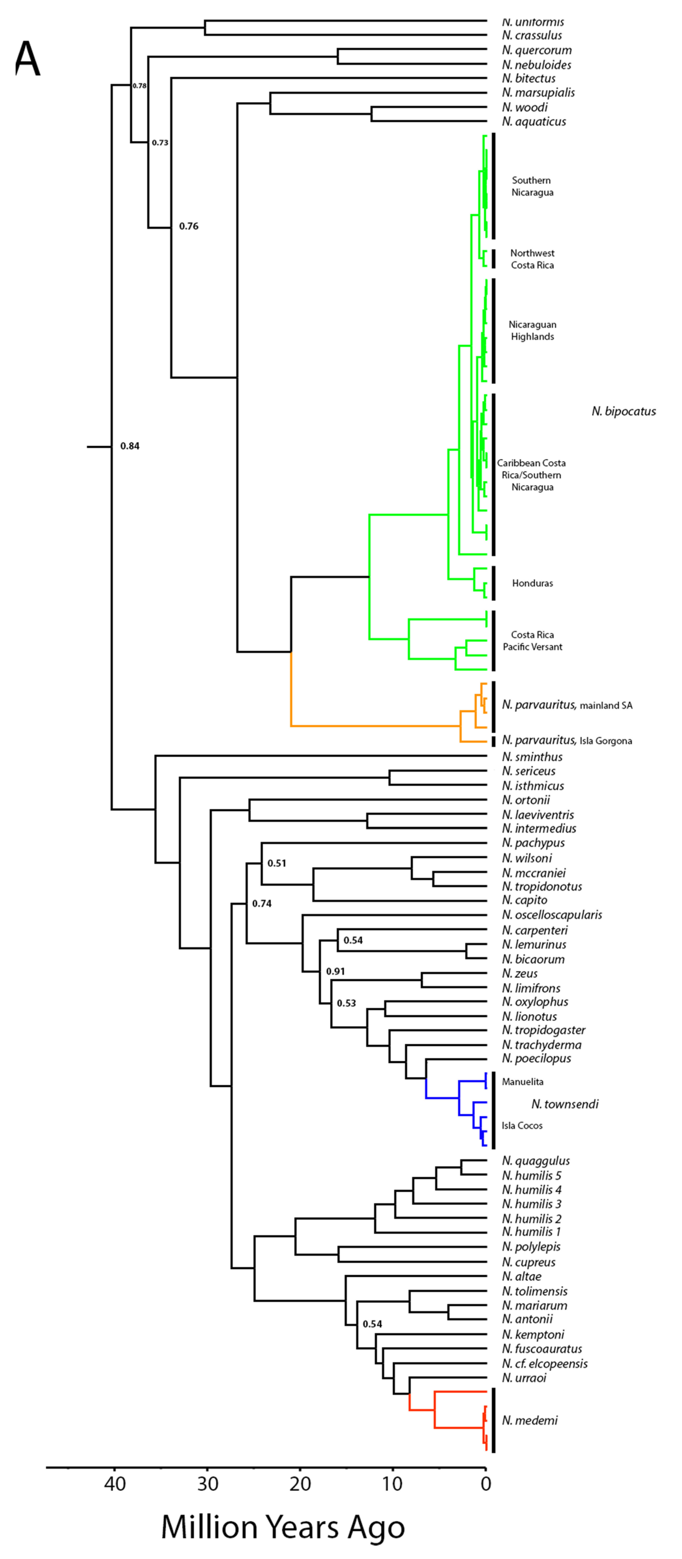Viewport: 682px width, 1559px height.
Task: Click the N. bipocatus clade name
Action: (x=623, y=412)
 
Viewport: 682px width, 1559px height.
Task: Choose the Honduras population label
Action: (x=532, y=583)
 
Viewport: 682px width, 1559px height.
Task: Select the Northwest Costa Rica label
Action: (x=532, y=259)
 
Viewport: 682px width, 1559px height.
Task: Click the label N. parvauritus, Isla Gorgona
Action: (x=567, y=741)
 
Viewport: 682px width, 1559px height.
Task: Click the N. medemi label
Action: (x=530, y=1420)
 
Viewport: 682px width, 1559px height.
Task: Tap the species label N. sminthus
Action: (x=532, y=757)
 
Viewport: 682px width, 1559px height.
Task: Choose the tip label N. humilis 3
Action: (x=532, y=1204)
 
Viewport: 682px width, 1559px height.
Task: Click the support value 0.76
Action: (x=189, y=226)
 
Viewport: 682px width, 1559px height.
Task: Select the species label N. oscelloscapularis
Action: (x=552, y=915)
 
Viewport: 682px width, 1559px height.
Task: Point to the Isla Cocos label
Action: (x=522, y=1126)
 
